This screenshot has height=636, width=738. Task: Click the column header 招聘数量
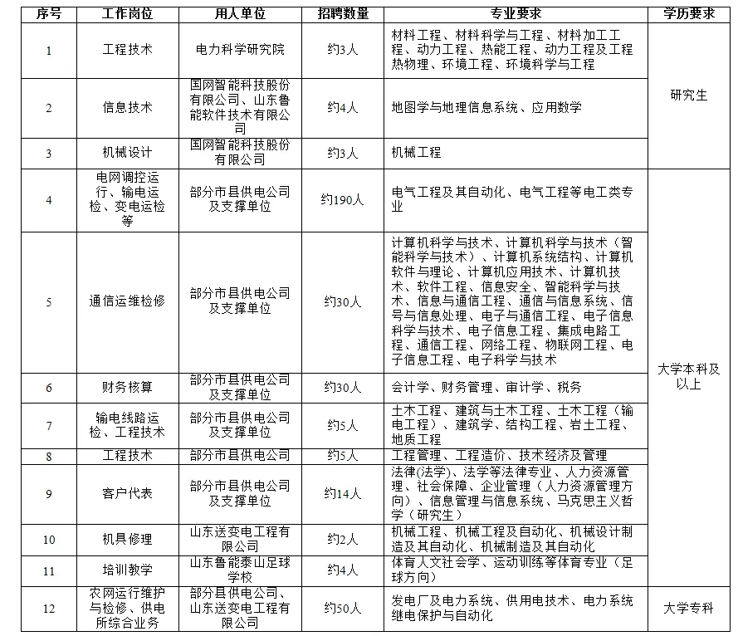click(342, 15)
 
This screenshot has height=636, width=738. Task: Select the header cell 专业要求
click(516, 15)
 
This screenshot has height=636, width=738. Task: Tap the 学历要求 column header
click(689, 15)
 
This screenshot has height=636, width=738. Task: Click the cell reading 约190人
click(342, 199)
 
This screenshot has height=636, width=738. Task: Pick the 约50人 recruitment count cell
click(342, 608)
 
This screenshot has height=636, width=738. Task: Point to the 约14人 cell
click(342, 494)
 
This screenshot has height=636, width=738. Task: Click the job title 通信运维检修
click(127, 301)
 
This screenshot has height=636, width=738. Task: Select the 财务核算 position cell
click(127, 388)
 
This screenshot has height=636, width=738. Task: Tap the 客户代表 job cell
click(127, 494)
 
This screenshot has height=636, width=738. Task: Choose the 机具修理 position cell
click(127, 540)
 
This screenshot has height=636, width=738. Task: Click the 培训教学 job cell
click(127, 570)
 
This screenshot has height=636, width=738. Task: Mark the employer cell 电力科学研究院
click(240, 50)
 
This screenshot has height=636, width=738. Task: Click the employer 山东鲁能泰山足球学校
click(240, 570)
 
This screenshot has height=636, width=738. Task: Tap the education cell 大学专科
click(689, 608)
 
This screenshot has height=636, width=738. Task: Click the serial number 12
click(49, 608)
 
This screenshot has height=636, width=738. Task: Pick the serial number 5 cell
click(49, 301)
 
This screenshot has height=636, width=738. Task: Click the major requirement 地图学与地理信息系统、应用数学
click(486, 108)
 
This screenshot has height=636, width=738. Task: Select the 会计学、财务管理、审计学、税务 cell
click(486, 388)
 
